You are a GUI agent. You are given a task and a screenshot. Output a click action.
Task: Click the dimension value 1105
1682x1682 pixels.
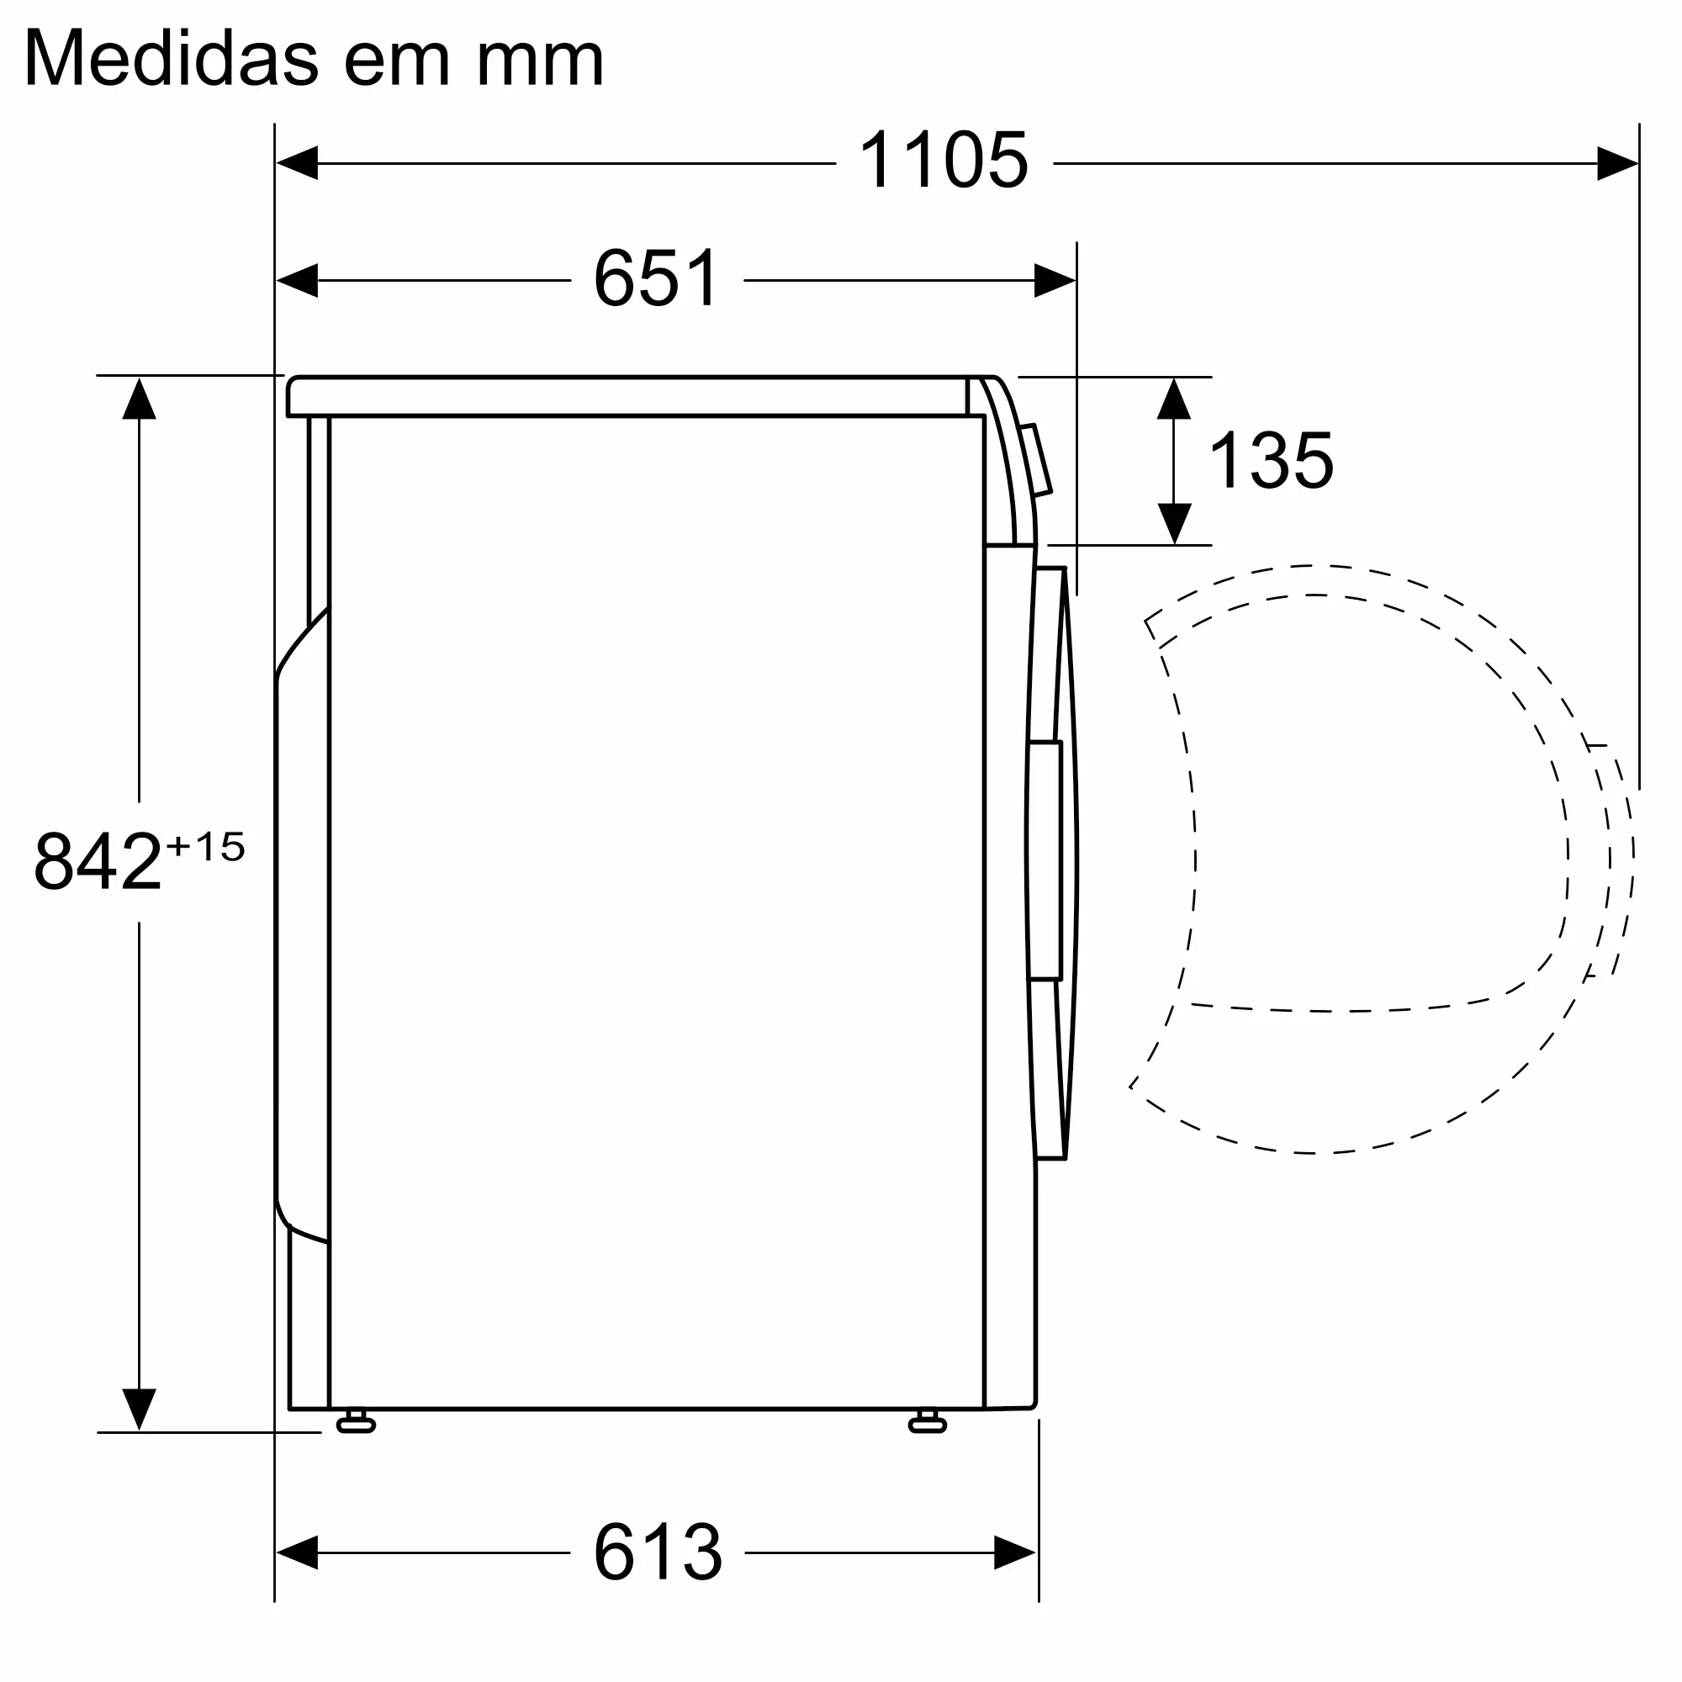click(943, 161)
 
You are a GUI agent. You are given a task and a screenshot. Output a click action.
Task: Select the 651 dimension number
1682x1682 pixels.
click(657, 278)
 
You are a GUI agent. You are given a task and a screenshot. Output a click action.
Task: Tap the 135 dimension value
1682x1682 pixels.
click(1271, 461)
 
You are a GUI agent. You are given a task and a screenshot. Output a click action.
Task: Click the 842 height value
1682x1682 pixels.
click(98, 862)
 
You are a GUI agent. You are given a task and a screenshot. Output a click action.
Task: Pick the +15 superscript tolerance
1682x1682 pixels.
click(206, 846)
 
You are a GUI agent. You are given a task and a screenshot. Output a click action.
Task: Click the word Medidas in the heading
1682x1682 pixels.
click(172, 59)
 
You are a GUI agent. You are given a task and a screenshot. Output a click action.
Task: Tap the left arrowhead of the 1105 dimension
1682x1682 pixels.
click(297, 163)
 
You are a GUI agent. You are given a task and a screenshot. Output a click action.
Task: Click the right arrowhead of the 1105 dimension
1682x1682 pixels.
click(1616, 163)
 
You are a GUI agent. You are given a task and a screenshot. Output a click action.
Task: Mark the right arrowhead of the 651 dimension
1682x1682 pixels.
click(1055, 280)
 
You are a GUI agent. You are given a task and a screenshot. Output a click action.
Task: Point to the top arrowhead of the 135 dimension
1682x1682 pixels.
click(1173, 399)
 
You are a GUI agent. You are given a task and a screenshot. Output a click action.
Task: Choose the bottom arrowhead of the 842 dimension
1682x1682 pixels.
click(140, 1408)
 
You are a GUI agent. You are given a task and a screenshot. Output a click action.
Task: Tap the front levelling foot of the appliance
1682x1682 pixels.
click(927, 1425)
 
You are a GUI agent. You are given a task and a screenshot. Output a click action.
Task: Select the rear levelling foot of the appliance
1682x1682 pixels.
click(355, 1425)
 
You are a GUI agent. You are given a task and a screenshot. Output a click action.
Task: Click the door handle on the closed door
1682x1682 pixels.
click(1045, 861)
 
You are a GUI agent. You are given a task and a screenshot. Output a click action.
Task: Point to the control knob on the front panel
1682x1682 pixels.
click(1036, 460)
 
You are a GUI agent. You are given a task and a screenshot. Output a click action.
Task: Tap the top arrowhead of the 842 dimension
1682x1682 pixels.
click(140, 399)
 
